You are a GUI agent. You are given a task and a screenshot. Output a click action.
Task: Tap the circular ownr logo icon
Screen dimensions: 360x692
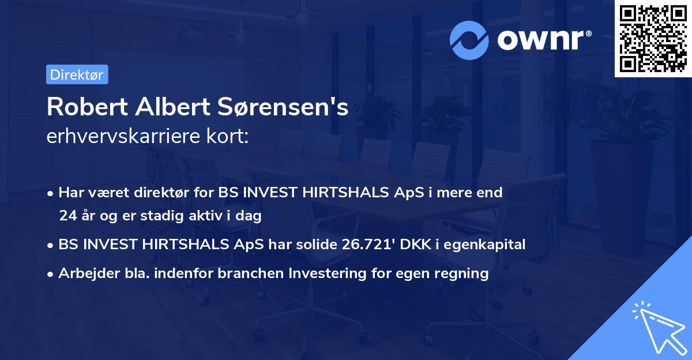471,40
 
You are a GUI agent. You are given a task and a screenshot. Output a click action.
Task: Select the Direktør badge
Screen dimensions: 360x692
77,74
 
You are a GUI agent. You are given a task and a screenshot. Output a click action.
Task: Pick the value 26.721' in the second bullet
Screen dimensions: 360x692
363,245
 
